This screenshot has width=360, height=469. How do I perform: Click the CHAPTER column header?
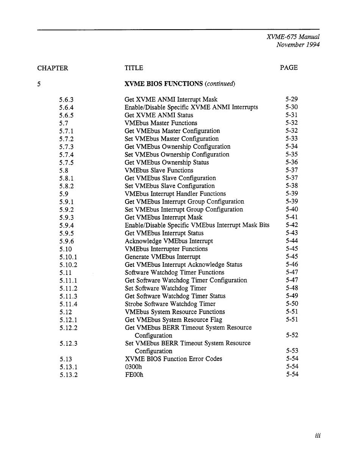[53, 68]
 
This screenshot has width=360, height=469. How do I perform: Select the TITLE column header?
[134, 68]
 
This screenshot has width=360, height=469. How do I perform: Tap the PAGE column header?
[289, 67]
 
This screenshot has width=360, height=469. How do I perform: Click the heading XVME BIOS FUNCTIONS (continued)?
[180, 84]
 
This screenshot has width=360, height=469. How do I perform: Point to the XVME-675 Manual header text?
[293, 37]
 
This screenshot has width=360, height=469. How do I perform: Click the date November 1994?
[298, 45]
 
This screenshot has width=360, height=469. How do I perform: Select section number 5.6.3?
[66, 100]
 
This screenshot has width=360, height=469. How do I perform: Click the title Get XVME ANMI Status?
[159, 115]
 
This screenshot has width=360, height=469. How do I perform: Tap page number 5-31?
[292, 115]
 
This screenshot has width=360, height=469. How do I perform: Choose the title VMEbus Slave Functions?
[159, 170]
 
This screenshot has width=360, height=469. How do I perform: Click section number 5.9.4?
[67, 225]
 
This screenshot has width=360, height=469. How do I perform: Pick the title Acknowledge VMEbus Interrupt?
[169, 241]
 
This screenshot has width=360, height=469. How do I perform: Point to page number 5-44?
[292, 241]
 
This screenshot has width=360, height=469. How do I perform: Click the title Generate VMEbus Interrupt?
[163, 257]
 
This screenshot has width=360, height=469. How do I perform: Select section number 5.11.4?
[68, 304]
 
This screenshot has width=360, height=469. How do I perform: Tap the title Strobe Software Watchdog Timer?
[170, 304]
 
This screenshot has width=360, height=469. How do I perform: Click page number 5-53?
[292, 351]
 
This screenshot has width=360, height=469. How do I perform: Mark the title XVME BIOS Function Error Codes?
[174, 359]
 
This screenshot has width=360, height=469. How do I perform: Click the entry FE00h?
[134, 375]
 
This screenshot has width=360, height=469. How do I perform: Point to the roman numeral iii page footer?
[318, 436]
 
